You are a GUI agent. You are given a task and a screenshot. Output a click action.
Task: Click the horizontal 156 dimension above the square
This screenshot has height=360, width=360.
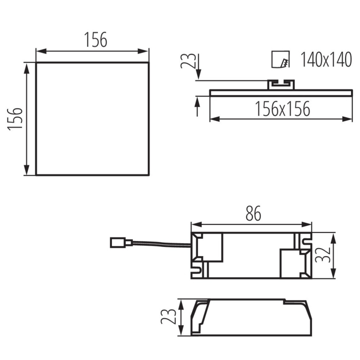pyautogui.click(x=96, y=39)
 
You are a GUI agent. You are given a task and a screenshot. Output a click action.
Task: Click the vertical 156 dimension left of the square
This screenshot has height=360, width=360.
pyautogui.click(x=15, y=119)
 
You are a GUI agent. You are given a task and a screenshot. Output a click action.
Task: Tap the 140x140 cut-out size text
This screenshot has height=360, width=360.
pyautogui.click(x=326, y=60)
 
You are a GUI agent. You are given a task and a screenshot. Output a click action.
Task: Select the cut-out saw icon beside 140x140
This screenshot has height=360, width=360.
pyautogui.click(x=280, y=59)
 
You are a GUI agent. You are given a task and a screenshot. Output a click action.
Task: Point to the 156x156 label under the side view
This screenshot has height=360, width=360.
pyautogui.click(x=282, y=108)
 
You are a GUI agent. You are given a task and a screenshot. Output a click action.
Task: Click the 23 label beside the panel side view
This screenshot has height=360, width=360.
pyautogui.click(x=188, y=61)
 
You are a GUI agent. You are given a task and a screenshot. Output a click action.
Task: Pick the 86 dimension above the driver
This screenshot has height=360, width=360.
pyautogui.click(x=253, y=213)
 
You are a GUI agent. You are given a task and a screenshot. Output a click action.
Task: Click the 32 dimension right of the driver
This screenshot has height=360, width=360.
pyautogui.click(x=323, y=255)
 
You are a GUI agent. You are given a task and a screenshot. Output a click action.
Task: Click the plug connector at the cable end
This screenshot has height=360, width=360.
pyautogui.click(x=121, y=243)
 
